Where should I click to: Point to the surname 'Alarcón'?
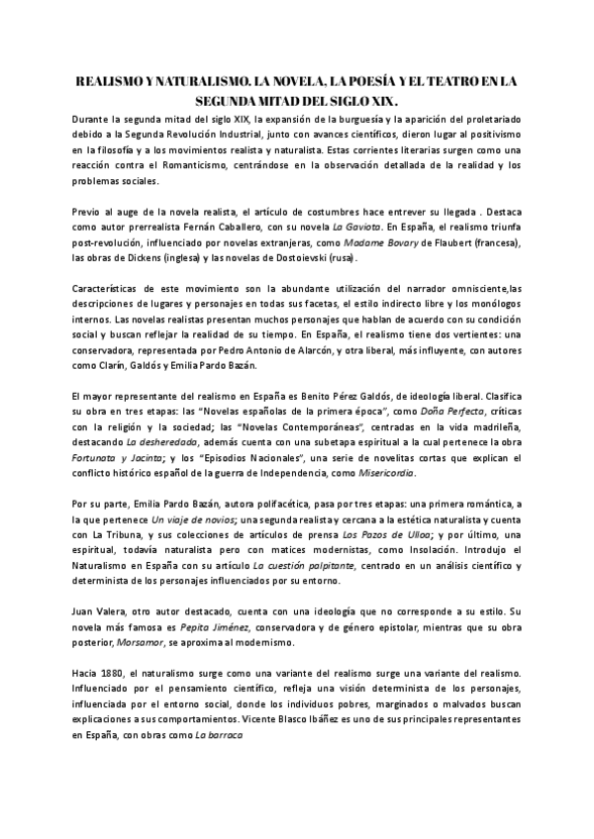pyautogui.click(x=316, y=349)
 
